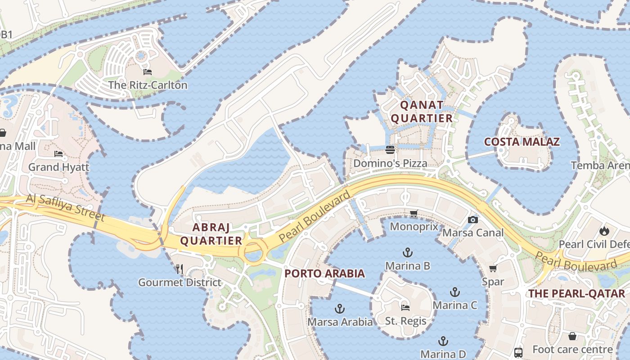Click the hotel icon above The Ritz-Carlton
[x=148, y=72]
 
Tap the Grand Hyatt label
[x=58, y=167]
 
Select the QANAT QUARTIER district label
[x=422, y=112]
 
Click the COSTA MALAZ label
[x=522, y=142]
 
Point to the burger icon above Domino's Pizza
[x=390, y=150]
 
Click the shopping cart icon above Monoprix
[x=414, y=214]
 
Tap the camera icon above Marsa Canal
[x=473, y=220]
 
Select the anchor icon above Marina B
[x=408, y=252]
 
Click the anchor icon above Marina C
[x=455, y=292]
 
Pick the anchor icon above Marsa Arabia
[x=340, y=309]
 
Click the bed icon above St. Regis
[x=405, y=308]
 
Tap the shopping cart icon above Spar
[x=493, y=269]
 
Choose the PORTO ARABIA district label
[x=324, y=273]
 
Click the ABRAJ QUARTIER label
[x=211, y=234]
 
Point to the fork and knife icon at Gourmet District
[x=180, y=269]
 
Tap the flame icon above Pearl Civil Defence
[x=603, y=231]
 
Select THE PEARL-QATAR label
[x=576, y=293]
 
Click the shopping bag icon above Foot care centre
[x=572, y=336]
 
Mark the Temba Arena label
[x=600, y=165]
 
